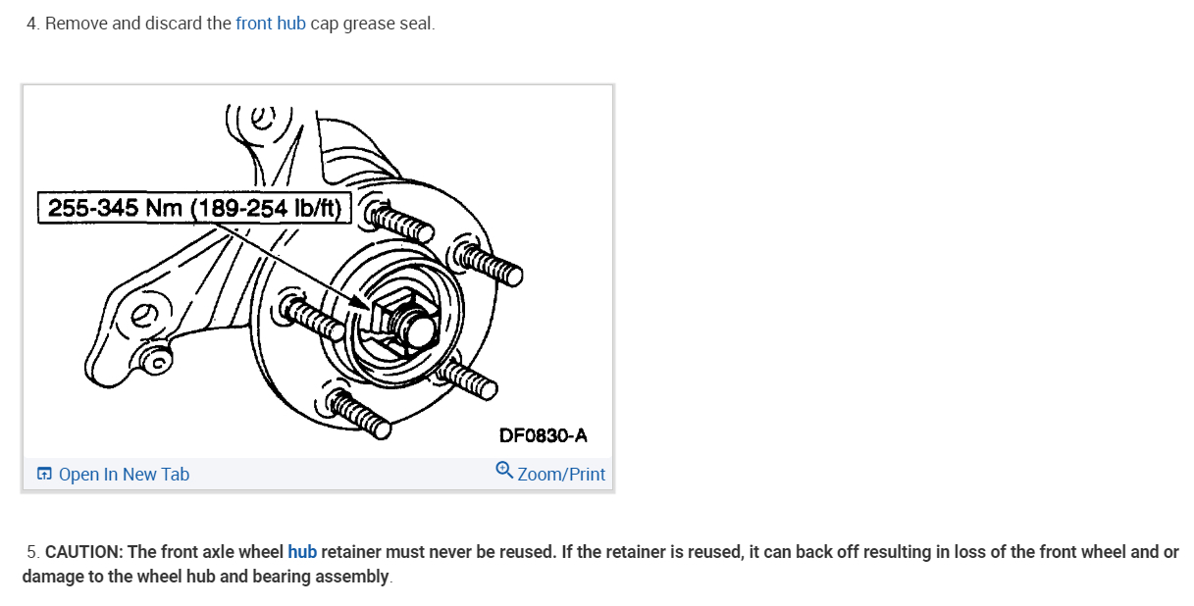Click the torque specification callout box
click(x=194, y=209)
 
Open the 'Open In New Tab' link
click(x=124, y=475)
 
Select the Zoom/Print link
click(x=561, y=475)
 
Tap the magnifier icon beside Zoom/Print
click(x=504, y=470)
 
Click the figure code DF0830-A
click(x=543, y=435)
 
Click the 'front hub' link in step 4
click(x=270, y=23)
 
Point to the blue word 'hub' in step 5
click(x=302, y=552)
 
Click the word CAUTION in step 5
click(x=82, y=552)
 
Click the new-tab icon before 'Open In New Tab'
click(x=44, y=475)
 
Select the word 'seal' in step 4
click(x=416, y=23)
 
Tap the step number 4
click(x=32, y=23)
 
